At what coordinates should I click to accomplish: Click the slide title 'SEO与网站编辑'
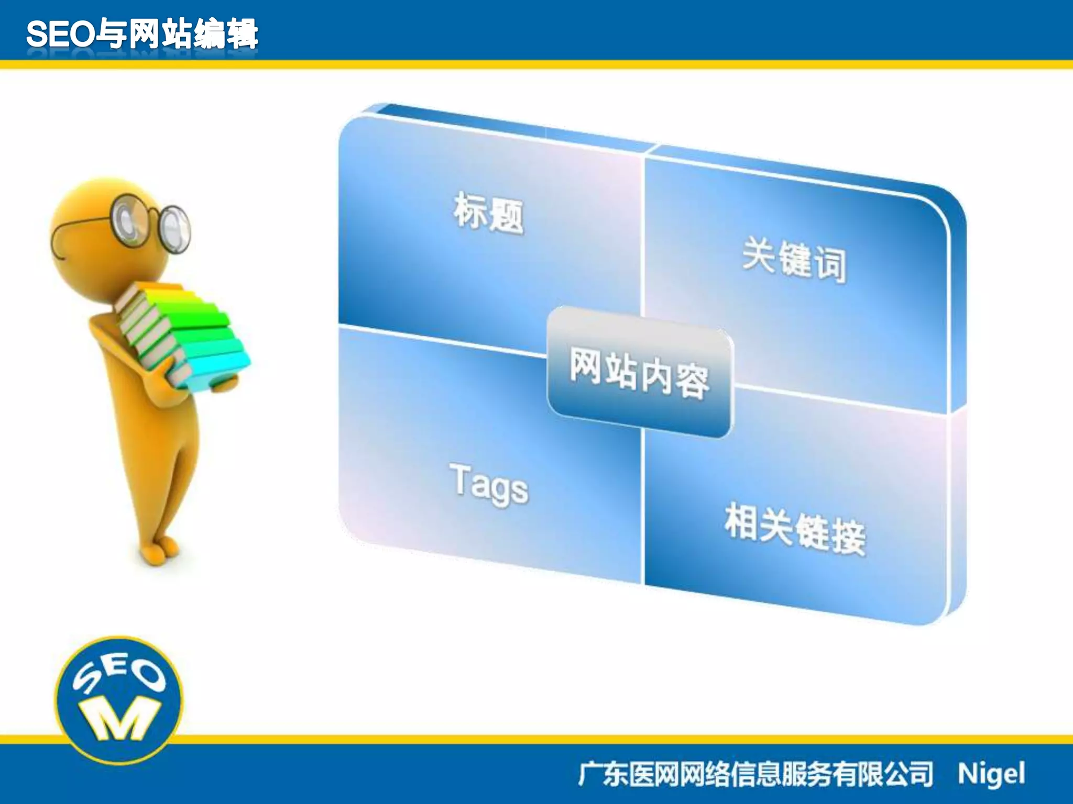click(141, 34)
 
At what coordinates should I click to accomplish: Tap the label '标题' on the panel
click(488, 213)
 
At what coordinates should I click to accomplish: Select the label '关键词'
click(794, 260)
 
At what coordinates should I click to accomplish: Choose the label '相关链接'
click(795, 529)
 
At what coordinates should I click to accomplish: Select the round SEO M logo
click(119, 699)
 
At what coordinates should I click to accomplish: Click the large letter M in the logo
click(119, 719)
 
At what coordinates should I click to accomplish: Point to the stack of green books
click(183, 335)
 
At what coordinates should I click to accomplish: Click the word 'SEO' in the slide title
click(60, 35)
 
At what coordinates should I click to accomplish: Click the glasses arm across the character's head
click(79, 230)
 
